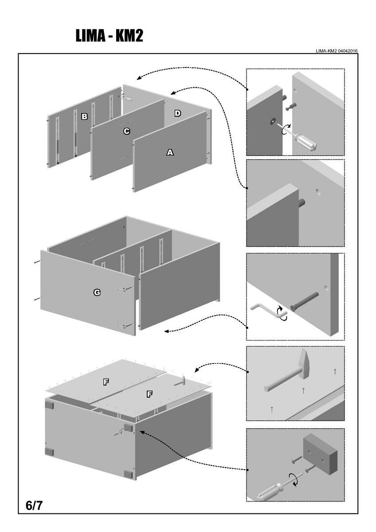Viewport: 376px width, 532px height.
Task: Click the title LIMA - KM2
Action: point(109,36)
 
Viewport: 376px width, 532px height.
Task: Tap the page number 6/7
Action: point(34,505)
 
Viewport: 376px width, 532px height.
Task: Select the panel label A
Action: point(170,153)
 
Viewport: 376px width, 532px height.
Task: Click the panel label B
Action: point(84,117)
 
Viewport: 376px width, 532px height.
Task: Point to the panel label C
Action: point(126,131)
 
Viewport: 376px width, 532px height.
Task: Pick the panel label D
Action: point(177,113)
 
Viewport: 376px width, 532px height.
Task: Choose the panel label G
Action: point(97,292)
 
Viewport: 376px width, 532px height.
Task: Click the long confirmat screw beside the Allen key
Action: point(306,301)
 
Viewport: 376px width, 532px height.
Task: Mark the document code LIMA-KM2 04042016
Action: point(337,51)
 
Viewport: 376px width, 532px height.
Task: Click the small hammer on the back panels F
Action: point(180,380)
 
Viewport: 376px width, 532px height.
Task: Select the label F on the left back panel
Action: point(106,382)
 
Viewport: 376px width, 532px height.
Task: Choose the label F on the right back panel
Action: point(149,393)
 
